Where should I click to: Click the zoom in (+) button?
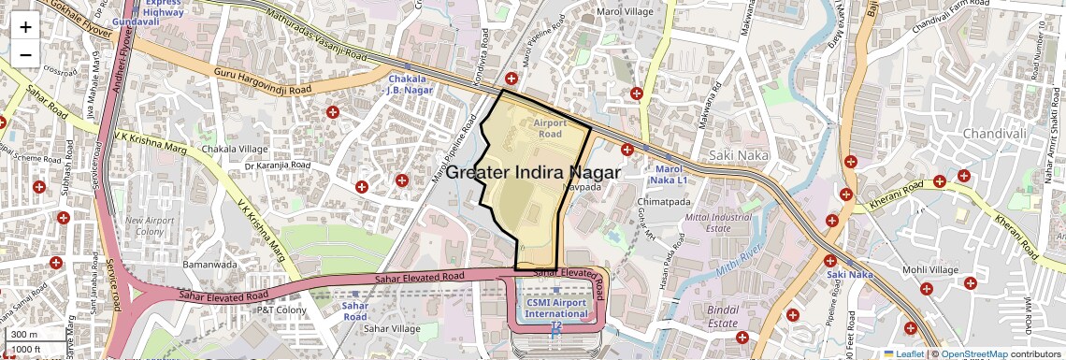pyautogui.click(x=25, y=26)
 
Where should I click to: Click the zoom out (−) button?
pyautogui.click(x=25, y=54)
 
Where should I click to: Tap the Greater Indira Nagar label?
pyautogui.click(x=533, y=173)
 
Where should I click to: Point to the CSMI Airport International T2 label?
pyautogui.click(x=556, y=308)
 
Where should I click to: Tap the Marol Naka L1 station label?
pyautogui.click(x=668, y=173)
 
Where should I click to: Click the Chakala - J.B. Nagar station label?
pyautogui.click(x=411, y=85)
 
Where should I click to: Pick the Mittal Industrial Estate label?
pyautogui.click(x=718, y=223)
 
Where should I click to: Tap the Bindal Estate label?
pyautogui.click(x=724, y=315)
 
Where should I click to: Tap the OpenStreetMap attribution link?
pyautogui.click(x=973, y=353)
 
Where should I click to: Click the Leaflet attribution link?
pyautogui.click(x=905, y=353)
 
